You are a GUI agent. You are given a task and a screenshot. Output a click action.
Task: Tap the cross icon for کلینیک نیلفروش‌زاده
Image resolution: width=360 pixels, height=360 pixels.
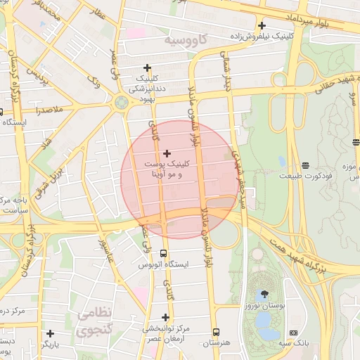[x=262, y=25]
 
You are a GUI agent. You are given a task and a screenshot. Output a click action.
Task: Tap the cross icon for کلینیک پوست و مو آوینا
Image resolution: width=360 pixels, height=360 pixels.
[x=167, y=153]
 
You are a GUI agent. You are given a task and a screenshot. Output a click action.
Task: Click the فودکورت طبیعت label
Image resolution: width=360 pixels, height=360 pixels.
[x=300, y=176]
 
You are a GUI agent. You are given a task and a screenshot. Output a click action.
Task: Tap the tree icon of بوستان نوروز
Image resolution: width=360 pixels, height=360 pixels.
[x=264, y=294]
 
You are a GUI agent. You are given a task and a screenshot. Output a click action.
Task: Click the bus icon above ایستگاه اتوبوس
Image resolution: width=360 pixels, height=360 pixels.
[x=164, y=253]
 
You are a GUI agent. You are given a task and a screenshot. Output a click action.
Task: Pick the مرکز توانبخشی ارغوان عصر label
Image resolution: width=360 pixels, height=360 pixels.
[x=165, y=334]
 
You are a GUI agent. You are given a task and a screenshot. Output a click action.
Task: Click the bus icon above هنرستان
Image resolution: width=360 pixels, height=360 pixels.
[x=216, y=332]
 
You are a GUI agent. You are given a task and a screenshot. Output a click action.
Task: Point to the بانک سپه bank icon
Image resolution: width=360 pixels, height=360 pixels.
[x=293, y=333]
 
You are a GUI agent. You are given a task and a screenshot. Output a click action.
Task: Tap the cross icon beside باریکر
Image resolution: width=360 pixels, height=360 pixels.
[x=49, y=333]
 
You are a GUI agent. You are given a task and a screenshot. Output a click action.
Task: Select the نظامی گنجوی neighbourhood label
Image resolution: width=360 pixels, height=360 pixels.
[x=94, y=321]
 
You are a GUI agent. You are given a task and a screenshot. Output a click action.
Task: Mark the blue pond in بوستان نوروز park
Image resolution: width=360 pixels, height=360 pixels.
[x=265, y=320]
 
